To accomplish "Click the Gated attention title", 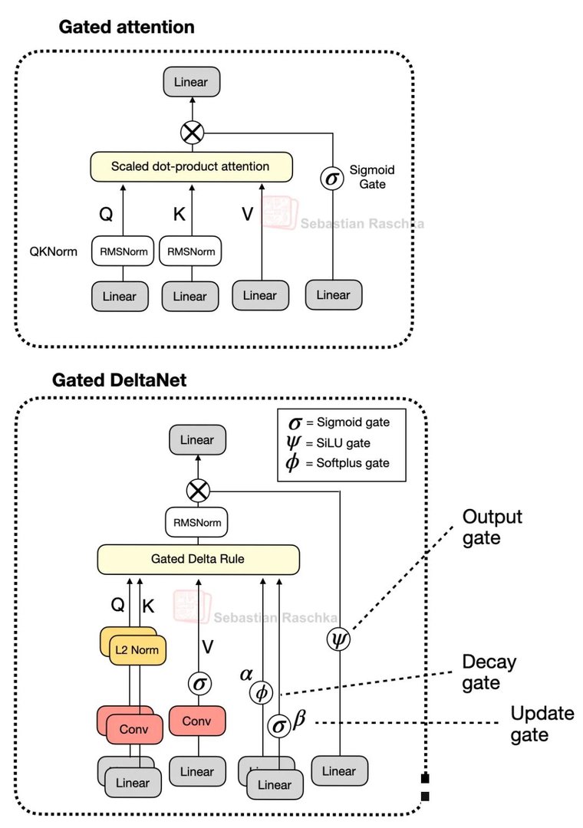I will tap(127, 27).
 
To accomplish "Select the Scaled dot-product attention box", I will tap(190, 166).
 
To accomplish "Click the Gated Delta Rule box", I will tap(198, 559).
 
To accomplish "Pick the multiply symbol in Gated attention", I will tap(192, 133).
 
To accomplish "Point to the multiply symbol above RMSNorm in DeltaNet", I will tap(199, 490).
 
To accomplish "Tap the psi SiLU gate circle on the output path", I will tap(338, 639).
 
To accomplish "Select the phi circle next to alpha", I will tap(262, 692).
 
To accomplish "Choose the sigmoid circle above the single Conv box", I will tap(199, 682).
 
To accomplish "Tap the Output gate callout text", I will tap(492, 527).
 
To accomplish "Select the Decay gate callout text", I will tap(489, 672).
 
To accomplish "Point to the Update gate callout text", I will tap(542, 724).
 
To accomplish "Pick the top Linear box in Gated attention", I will tap(192, 81).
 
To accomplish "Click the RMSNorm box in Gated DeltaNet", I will tap(199, 524).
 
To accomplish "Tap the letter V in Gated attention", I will tap(247, 214).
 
